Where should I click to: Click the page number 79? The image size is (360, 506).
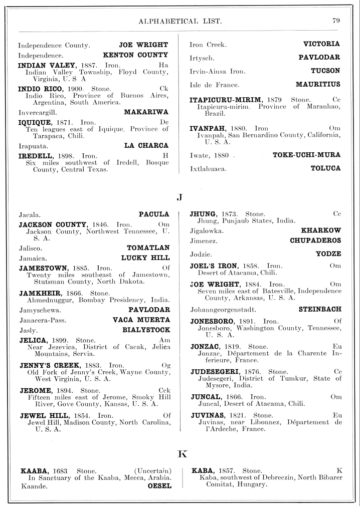(336, 21)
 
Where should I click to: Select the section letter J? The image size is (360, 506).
(179, 197)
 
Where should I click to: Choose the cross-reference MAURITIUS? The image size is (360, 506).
(318, 84)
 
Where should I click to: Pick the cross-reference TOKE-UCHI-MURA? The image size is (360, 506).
(306, 155)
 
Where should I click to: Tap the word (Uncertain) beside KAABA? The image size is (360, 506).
(153, 471)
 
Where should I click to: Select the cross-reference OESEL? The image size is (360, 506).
(159, 485)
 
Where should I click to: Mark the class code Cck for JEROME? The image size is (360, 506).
(164, 390)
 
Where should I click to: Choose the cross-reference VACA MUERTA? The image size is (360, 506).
(141, 320)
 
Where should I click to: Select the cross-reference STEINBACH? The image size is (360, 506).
(320, 309)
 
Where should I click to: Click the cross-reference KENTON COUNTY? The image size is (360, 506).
(135, 55)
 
